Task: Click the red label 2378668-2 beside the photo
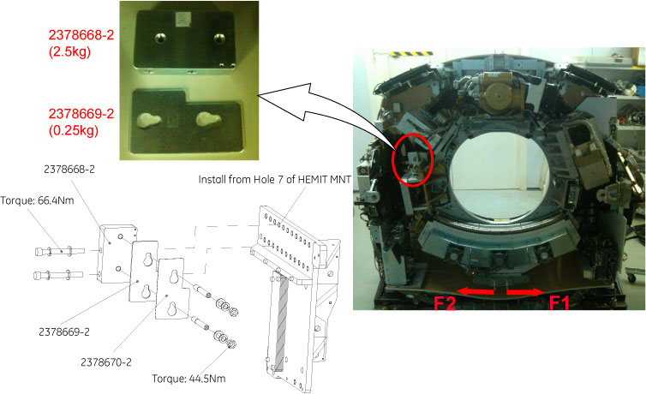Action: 81,35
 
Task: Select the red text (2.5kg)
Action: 69,52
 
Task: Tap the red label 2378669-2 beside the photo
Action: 81,114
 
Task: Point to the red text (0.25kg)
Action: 74,131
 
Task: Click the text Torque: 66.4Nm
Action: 37,200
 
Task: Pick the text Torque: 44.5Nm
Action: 188,379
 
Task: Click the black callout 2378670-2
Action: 106,362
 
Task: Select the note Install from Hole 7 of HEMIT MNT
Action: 275,180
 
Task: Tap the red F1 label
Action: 559,304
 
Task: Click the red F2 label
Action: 445,304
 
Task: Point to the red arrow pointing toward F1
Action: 525,292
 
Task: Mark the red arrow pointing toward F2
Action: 475,291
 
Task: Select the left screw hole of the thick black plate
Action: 160,39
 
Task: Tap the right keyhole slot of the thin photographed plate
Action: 208,119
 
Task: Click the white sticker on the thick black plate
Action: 182,19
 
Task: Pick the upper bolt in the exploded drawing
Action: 60,251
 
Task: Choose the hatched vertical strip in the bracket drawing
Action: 281,323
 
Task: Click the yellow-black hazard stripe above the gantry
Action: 411,53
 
